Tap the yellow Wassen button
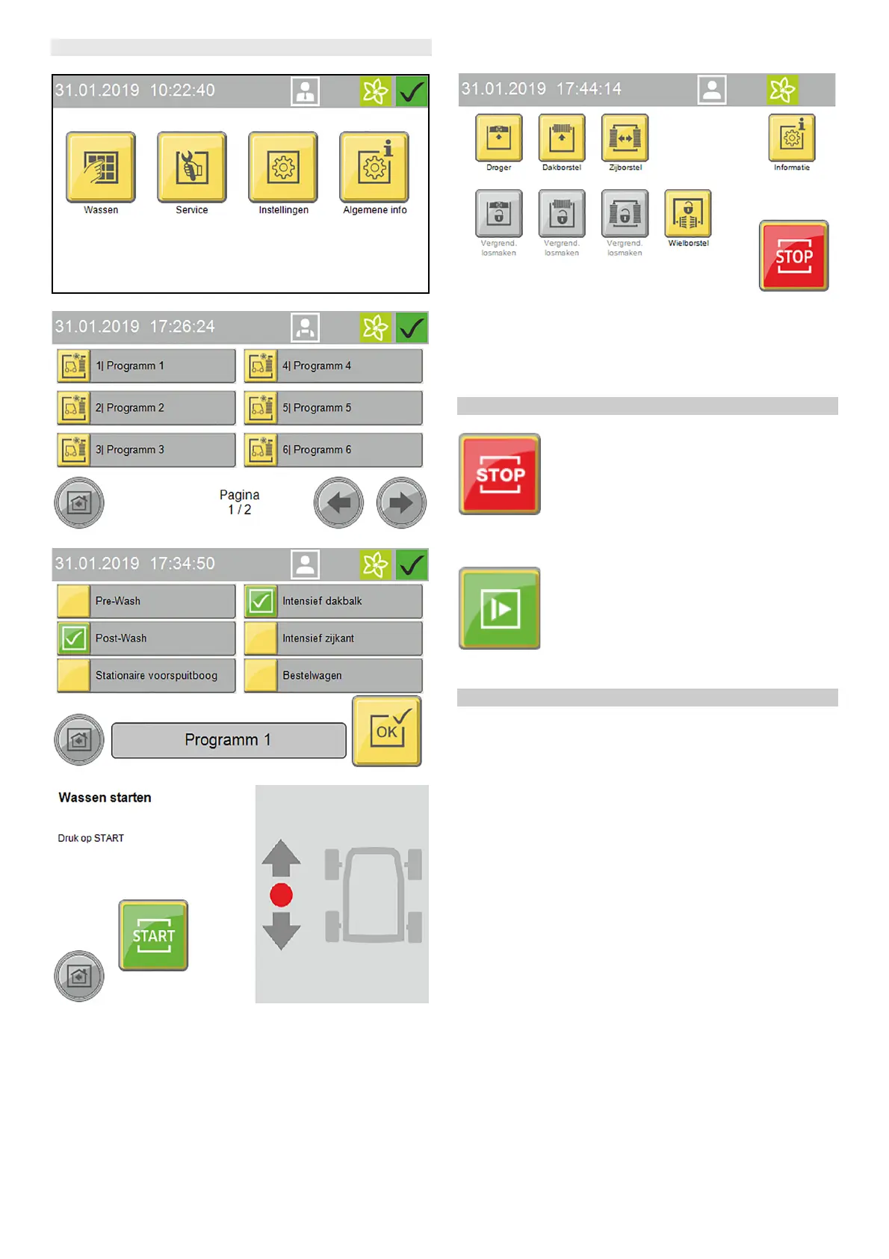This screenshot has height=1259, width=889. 101,167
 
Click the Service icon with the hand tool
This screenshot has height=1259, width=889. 192,167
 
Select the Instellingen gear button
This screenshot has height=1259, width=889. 283,167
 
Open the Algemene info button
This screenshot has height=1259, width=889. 374,167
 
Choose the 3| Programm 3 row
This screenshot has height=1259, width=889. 146,450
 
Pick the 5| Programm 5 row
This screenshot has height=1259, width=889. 333,408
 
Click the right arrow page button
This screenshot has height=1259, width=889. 401,503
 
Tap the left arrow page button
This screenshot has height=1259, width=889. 338,503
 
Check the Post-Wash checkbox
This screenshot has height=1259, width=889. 74,638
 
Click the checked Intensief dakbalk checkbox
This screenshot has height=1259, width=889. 261,601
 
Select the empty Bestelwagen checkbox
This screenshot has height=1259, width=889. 261,676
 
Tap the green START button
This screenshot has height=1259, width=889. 153,935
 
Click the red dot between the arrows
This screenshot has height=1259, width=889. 281,895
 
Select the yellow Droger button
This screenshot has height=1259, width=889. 498,138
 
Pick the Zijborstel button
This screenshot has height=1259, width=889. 625,138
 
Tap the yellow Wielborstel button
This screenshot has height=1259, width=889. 688,213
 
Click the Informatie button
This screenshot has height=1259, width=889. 792,138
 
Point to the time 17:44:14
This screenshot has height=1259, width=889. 589,89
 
